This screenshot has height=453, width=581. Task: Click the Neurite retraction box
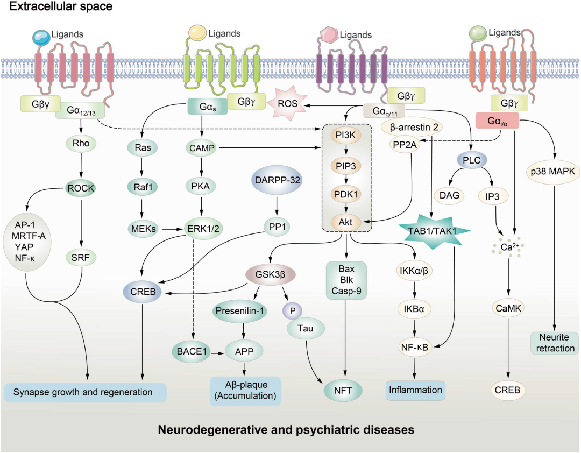(554, 343)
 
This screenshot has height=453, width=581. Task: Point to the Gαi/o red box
(497, 121)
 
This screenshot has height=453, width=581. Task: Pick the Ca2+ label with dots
(508, 249)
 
